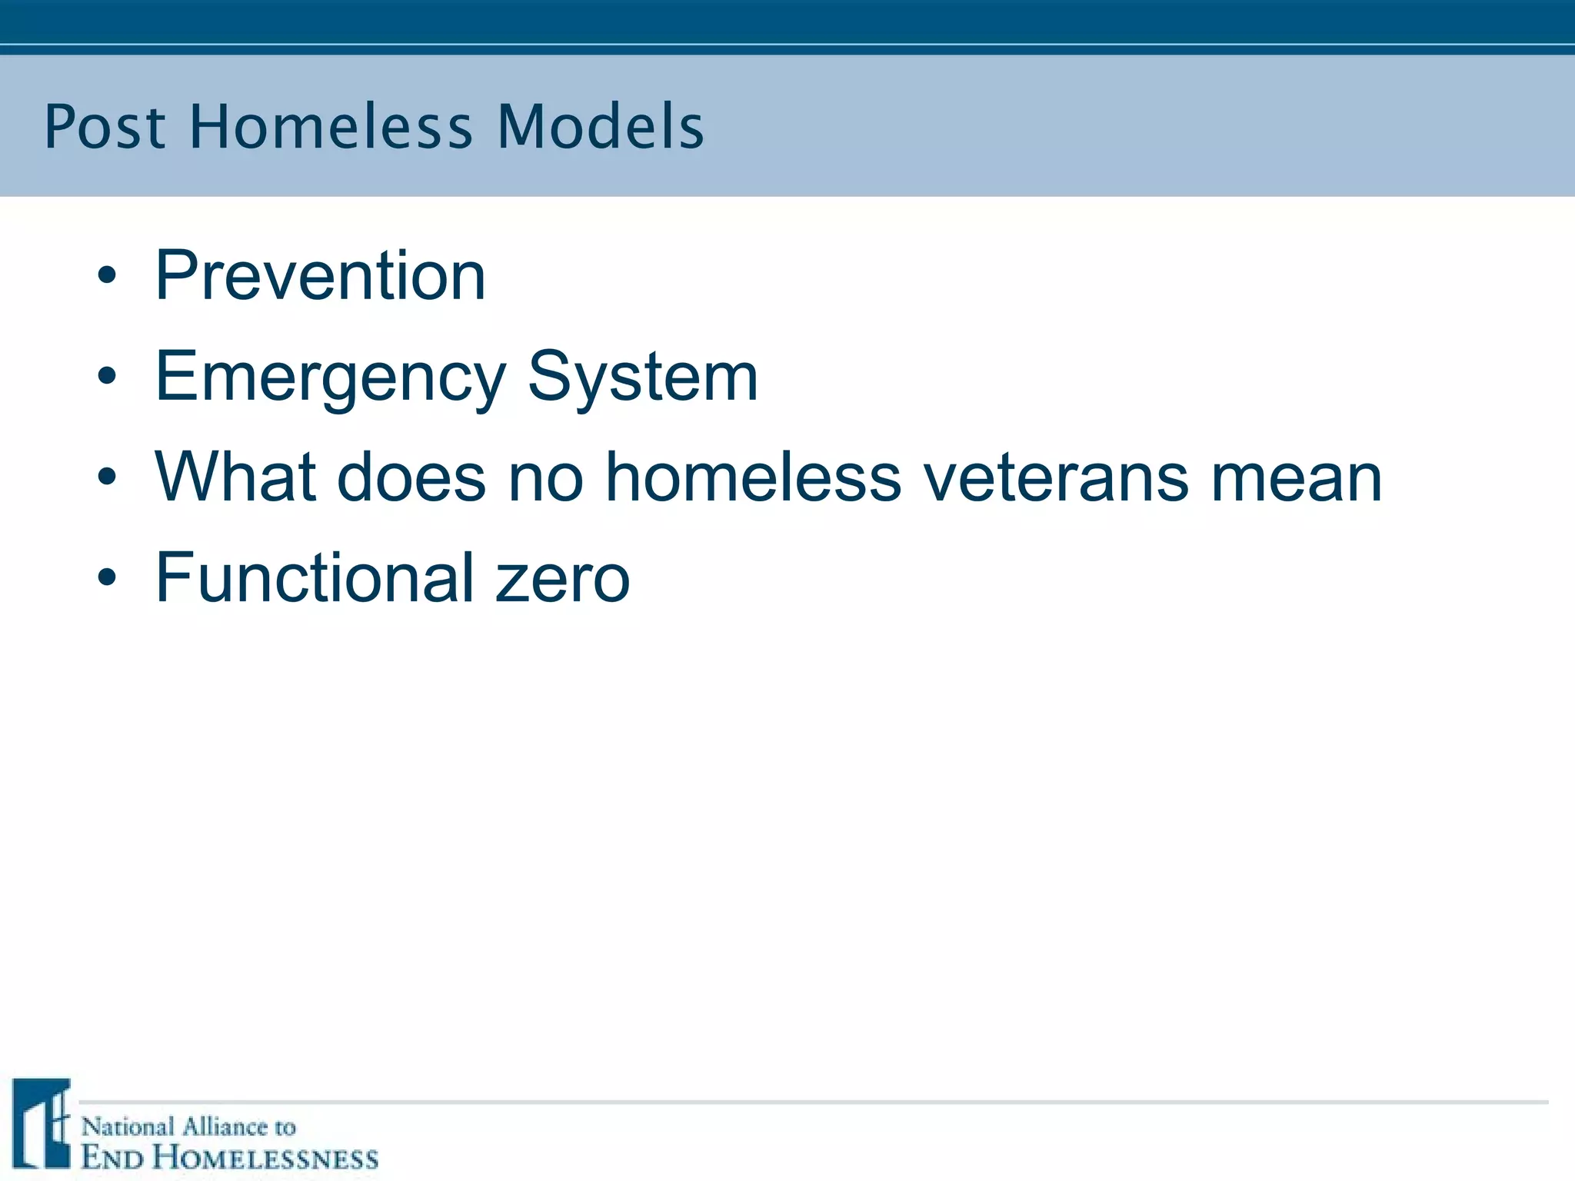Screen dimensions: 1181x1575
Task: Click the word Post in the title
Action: [105, 127]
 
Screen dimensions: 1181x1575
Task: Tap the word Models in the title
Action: [601, 127]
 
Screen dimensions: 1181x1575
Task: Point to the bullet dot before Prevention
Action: [107, 276]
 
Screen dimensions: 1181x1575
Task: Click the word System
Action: [643, 377]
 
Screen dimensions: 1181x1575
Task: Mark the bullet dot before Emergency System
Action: [107, 377]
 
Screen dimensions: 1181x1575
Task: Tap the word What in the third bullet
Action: [235, 477]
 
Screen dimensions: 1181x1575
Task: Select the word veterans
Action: [1056, 477]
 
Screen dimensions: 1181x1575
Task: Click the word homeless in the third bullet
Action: [753, 477]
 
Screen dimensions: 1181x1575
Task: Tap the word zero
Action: [563, 578]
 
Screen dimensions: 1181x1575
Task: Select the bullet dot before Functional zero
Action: [107, 578]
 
